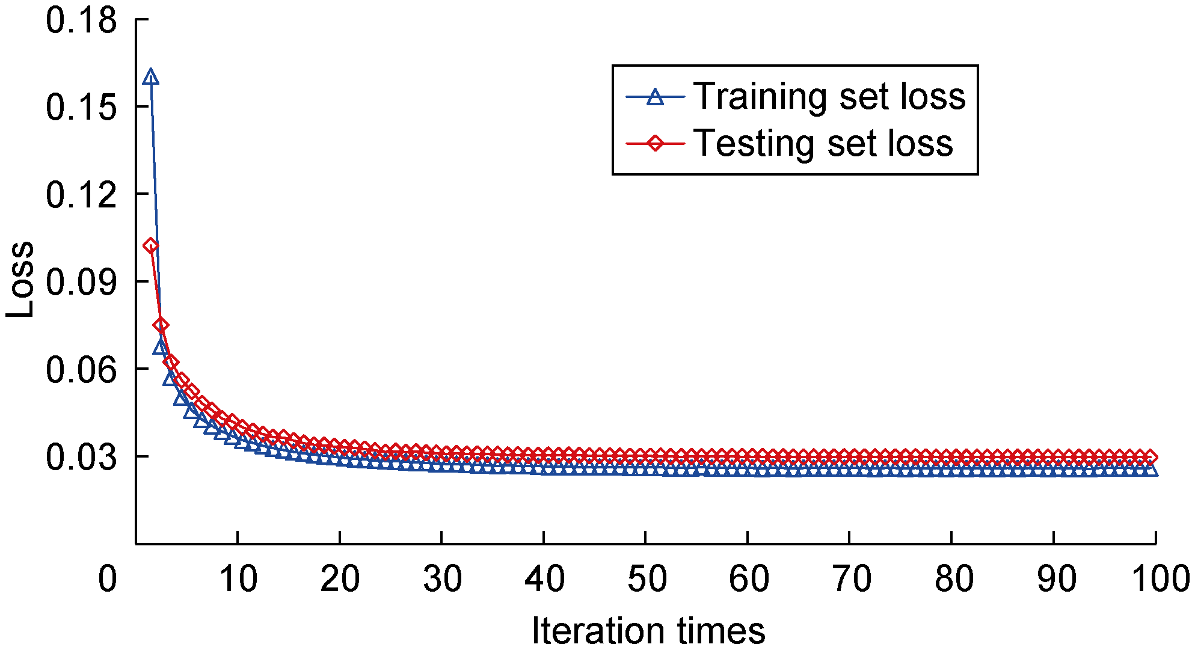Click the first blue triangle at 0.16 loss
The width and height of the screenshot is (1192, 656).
pos(150,78)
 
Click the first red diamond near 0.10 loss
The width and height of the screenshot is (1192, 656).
pos(150,245)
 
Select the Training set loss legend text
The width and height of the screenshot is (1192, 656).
pos(829,96)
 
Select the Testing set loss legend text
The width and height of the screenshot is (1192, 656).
pos(823,144)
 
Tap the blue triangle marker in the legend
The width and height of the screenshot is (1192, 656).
pos(655,97)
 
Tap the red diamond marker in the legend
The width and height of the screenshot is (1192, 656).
pos(655,144)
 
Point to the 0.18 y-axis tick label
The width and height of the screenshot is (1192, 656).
pos(81,20)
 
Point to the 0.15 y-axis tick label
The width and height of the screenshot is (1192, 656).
pos(81,108)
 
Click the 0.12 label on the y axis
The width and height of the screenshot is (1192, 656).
pos(81,195)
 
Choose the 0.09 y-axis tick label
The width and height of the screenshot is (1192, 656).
pos(81,282)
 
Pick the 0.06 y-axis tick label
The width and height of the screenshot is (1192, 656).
pos(81,369)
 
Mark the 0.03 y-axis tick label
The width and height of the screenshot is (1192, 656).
pos(81,457)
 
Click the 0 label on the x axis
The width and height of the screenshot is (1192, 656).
pos(108,579)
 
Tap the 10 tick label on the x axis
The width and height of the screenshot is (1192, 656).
pos(238,579)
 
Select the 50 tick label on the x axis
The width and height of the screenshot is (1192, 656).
pos(647,579)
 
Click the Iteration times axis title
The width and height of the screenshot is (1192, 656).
pos(648,631)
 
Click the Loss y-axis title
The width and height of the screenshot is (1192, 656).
pos(20,280)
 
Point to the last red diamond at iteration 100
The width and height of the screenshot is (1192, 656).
pos(1150,456)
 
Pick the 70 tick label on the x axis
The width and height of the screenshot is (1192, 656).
pos(850,579)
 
